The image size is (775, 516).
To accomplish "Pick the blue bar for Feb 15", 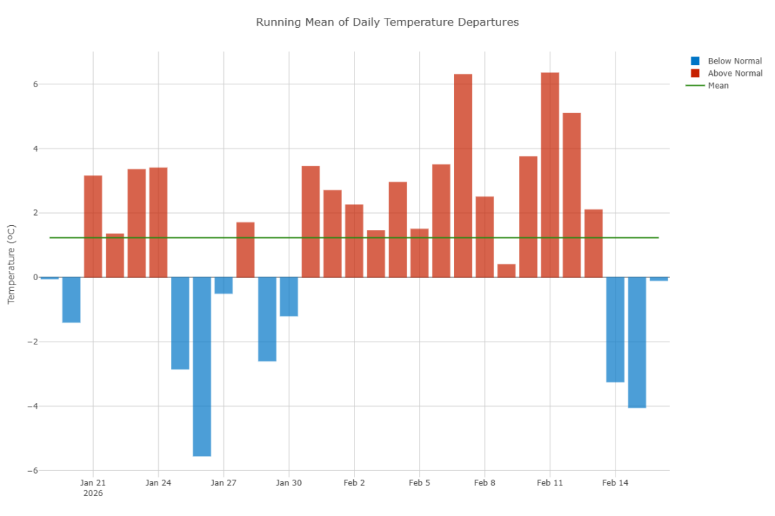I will click(637, 342).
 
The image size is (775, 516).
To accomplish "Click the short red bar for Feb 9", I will click(506, 271).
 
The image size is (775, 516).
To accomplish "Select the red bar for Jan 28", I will click(245, 249).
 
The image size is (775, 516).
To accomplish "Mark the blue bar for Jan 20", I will click(71, 299).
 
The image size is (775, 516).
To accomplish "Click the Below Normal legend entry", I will click(734, 61).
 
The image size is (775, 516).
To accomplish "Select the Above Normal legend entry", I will click(734, 74).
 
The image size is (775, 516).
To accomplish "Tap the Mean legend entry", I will click(718, 86).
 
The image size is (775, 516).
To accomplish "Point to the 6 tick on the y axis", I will click(36, 84).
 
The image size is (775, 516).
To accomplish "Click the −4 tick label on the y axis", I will click(33, 407).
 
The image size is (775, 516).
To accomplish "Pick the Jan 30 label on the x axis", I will click(289, 483).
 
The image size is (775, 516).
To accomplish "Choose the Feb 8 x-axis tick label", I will click(484, 483).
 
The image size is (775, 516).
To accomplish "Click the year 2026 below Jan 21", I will click(93, 494).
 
